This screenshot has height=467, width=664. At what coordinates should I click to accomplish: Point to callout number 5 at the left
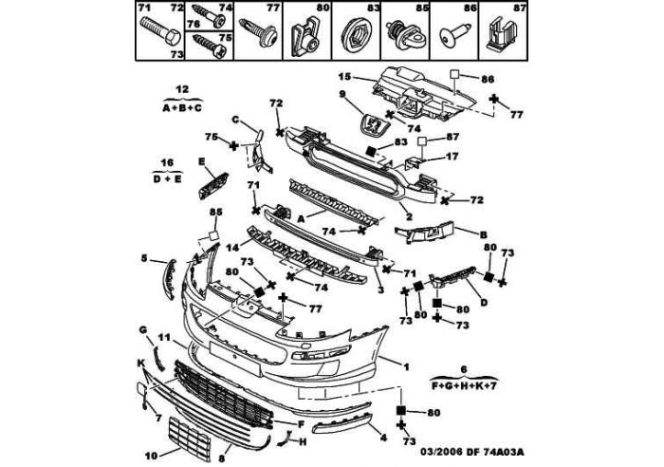pos(145,257)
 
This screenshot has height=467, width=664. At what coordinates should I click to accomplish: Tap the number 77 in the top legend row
pos(273,9)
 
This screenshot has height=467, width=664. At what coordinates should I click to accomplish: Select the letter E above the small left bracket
pos(201,161)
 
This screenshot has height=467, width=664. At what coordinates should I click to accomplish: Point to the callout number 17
pos(452,156)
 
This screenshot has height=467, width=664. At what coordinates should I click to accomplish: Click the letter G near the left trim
pos(143,329)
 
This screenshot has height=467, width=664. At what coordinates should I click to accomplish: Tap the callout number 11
pos(165,338)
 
